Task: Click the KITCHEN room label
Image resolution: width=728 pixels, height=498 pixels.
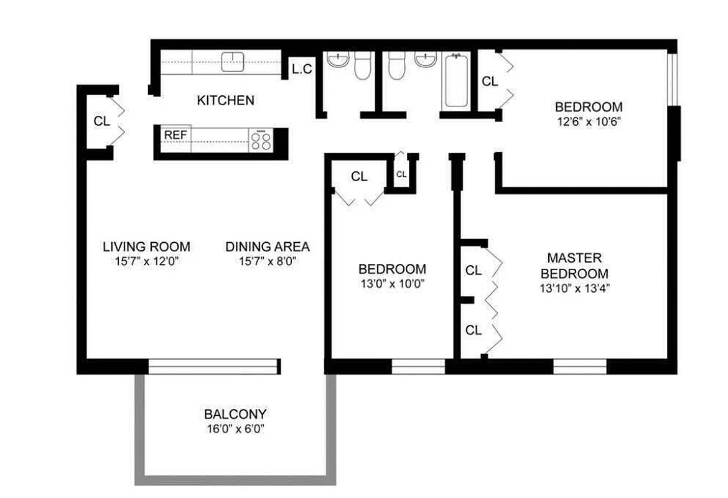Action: click(225, 100)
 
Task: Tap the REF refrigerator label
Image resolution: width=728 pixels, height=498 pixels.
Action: click(175, 134)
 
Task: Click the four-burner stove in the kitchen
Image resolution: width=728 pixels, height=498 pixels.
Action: click(262, 141)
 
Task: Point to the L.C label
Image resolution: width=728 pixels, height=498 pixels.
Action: click(302, 69)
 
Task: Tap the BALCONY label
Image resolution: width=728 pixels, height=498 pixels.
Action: click(235, 414)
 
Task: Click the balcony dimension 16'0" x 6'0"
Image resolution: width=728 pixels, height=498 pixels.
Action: click(235, 428)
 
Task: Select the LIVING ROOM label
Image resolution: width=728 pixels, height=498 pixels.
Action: click(147, 247)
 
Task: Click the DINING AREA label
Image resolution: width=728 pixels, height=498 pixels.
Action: click(268, 247)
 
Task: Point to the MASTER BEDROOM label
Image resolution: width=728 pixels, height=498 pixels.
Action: click(574, 265)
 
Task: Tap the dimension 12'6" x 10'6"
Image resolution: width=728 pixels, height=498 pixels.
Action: click(588, 121)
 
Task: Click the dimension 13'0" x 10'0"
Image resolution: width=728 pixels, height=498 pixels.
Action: click(392, 284)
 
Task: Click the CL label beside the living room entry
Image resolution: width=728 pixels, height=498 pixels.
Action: click(101, 121)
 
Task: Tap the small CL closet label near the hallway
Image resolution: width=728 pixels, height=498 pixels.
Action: click(401, 174)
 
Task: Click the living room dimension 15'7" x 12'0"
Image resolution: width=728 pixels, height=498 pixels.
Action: click(147, 261)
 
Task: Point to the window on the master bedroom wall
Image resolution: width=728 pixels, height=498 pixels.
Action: click(579, 366)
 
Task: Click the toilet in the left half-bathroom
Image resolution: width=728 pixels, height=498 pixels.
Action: click(362, 65)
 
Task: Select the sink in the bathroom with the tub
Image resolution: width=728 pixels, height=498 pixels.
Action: click(426, 60)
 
